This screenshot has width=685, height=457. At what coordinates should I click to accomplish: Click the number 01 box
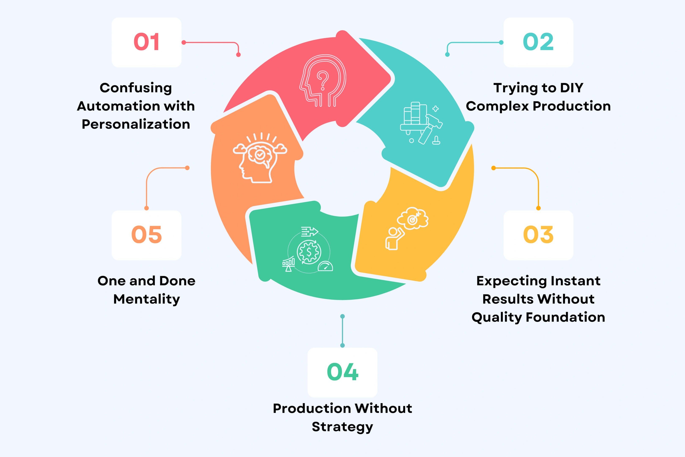[x=147, y=42]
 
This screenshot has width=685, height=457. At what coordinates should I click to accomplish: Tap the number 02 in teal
[x=538, y=42]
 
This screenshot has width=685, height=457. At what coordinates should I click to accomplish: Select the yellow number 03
[x=538, y=235]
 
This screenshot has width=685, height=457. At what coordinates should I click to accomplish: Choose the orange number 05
[x=147, y=235]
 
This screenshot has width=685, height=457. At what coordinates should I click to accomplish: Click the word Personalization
[x=136, y=124]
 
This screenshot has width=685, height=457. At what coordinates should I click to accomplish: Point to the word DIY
[x=571, y=88]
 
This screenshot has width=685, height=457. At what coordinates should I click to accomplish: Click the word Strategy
[x=342, y=427]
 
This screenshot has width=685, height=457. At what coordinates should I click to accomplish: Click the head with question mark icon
[x=323, y=81]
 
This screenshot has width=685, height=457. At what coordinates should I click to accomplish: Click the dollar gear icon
[x=309, y=252]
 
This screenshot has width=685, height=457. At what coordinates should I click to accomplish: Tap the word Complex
[x=497, y=106]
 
